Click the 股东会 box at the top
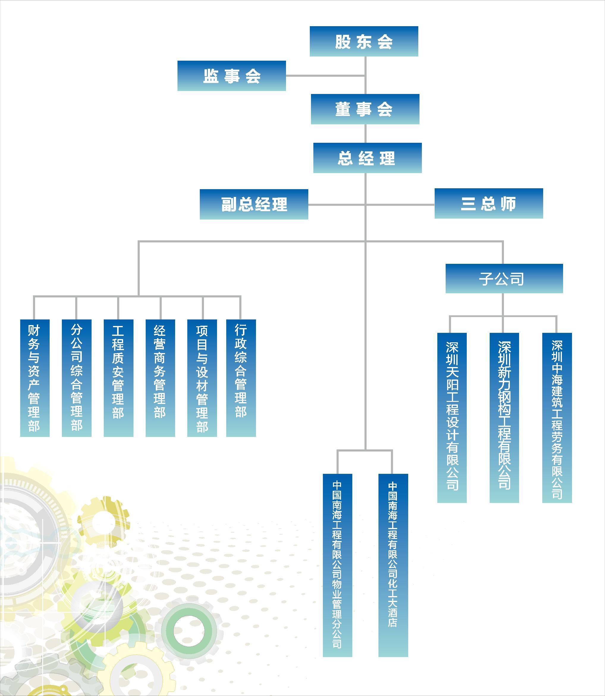364,41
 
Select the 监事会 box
232,76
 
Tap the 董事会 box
365,109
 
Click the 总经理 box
367,158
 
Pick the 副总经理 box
254,204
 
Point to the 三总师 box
488,203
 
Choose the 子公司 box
504,278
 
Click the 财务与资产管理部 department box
35,378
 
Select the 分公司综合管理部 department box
77,378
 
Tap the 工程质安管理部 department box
119,378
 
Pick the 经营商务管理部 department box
160,378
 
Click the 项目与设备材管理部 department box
202,378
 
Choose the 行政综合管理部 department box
241,378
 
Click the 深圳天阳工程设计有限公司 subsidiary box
452,418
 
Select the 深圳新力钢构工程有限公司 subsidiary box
504,418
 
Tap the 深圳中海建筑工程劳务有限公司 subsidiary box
557,418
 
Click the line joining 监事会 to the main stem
325,76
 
